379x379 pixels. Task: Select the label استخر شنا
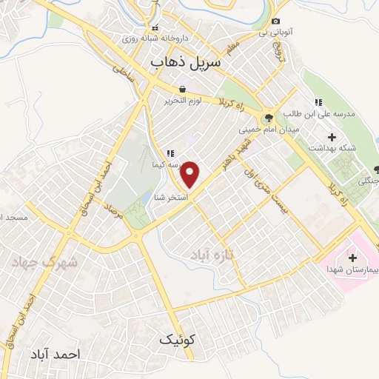[172, 197]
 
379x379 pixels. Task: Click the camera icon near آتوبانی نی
[276, 22]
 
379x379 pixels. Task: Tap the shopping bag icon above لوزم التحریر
[182, 88]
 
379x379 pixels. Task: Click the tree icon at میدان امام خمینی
[268, 117]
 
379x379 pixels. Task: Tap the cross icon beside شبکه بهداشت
[331, 137]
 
